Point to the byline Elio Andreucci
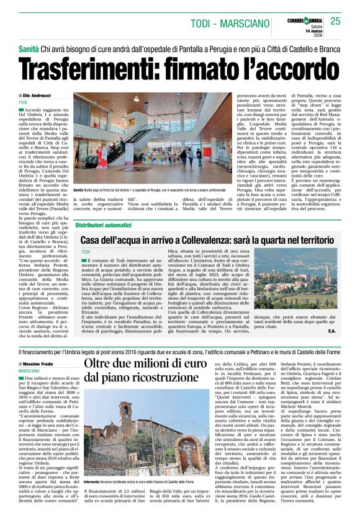tap(40, 96)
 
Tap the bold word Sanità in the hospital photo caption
tap(78, 189)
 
